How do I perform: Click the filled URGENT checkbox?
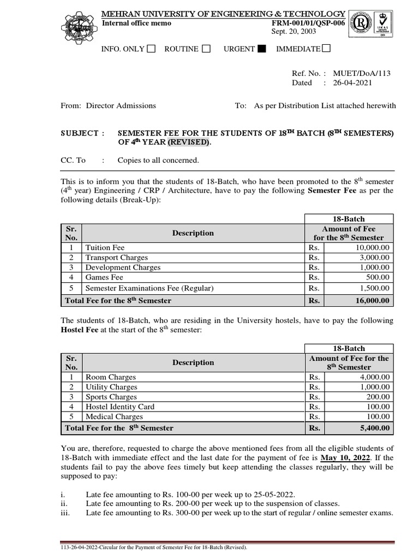pyautogui.click(x=262, y=49)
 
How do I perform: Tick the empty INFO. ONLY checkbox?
pyautogui.click(x=151, y=49)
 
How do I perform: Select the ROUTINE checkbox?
pyautogui.click(x=206, y=49)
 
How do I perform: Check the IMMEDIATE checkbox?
pyautogui.click(x=326, y=49)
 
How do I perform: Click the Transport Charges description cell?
pyautogui.click(x=116, y=258)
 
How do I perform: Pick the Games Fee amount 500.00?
pyautogui.click(x=378, y=278)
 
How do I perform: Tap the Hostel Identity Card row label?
pyautogui.click(x=119, y=407)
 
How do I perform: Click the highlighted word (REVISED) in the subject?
pyautogui.click(x=189, y=142)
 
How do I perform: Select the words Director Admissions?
pyautogui.click(x=121, y=105)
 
